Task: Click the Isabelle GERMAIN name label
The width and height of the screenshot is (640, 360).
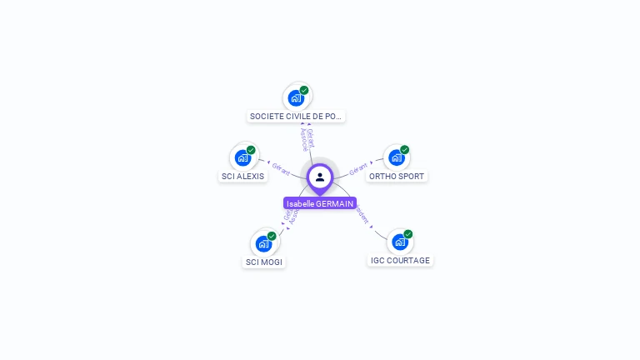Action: coord(320,203)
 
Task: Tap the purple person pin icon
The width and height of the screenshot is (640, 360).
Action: coord(320,177)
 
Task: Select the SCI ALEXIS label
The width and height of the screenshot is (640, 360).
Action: coord(243,177)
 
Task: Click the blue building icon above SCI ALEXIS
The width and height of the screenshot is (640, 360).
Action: coord(242,157)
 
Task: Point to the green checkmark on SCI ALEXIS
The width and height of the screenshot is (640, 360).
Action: coord(251,150)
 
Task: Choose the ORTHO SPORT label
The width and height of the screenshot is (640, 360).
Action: coord(397,177)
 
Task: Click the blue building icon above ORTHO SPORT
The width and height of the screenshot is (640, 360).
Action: coord(397,157)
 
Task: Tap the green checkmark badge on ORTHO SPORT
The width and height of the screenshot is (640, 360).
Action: coord(405,150)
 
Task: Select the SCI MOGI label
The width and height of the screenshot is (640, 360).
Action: coord(264,262)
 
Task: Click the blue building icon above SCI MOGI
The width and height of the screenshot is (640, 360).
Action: coord(263,243)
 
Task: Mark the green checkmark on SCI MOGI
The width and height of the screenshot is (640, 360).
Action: coord(272,236)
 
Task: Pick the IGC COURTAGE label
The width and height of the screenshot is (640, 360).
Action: coord(401,261)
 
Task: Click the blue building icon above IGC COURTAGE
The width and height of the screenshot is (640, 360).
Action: coord(400,242)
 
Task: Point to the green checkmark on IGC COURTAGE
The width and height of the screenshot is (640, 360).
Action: coord(408,234)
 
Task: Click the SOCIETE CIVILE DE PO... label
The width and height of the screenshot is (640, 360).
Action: coord(297,117)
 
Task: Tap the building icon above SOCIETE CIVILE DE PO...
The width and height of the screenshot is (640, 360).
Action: coord(296,97)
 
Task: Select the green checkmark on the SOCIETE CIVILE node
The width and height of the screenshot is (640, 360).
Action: coord(304,90)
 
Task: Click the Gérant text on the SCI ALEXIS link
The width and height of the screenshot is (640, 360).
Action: coord(281,168)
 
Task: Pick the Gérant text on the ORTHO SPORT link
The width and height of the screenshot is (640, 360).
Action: coord(358,168)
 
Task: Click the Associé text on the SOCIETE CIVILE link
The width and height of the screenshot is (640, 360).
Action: coord(304,139)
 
